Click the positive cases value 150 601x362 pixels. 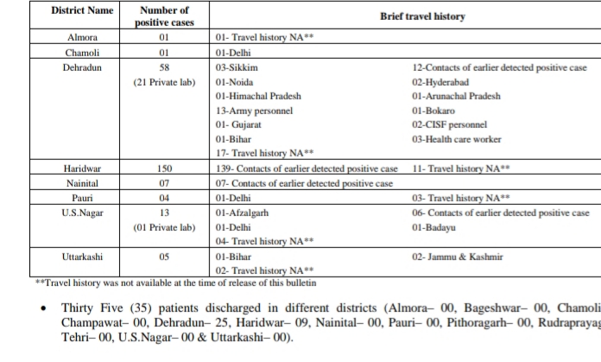click(x=164, y=168)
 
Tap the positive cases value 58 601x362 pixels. click(x=164, y=67)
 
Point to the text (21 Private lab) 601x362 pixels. click(x=164, y=82)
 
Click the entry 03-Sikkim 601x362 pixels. click(x=237, y=67)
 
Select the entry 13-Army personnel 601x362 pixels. click(x=255, y=111)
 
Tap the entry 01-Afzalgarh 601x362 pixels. click(x=244, y=213)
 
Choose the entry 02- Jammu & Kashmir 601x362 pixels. click(x=458, y=257)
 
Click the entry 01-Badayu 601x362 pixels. click(x=434, y=227)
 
